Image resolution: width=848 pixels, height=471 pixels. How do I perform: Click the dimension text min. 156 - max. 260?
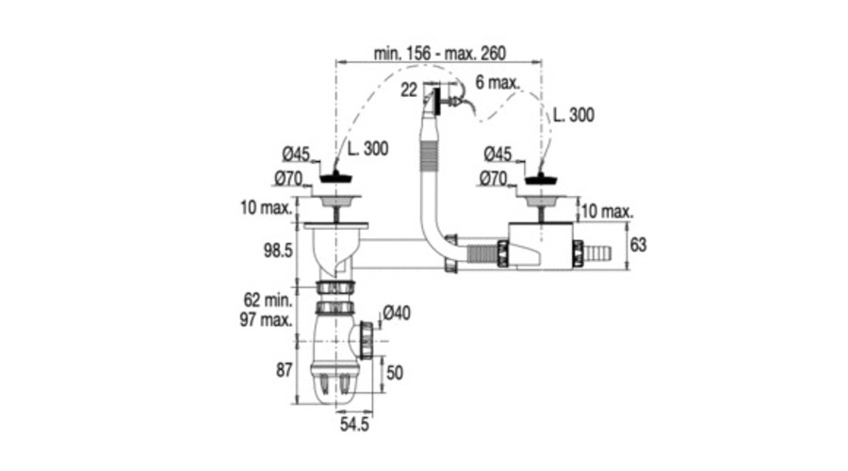click(x=440, y=54)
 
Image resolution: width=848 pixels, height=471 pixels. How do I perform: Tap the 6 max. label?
click(x=497, y=83)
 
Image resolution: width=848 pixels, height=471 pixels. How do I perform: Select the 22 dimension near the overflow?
click(x=409, y=89)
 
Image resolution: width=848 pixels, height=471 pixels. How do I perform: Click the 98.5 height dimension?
click(x=278, y=251)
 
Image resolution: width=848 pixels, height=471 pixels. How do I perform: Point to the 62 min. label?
click(x=268, y=300)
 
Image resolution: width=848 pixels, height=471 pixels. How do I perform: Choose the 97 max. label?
click(x=266, y=319)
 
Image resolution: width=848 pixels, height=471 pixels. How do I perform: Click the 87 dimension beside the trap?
click(x=285, y=370)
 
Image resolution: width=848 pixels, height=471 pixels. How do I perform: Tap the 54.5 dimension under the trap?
click(x=355, y=424)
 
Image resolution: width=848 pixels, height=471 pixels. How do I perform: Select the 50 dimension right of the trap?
click(x=395, y=373)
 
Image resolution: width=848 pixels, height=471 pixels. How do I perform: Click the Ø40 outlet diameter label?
click(x=397, y=313)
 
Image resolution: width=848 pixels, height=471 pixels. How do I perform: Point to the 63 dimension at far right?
click(x=638, y=245)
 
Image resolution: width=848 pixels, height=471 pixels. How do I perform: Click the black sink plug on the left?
click(x=335, y=177)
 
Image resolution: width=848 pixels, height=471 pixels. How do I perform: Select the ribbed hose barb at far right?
click(x=598, y=252)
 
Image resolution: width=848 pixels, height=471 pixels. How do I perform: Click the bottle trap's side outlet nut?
click(x=367, y=340)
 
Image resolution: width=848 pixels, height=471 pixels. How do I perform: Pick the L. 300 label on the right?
click(x=573, y=115)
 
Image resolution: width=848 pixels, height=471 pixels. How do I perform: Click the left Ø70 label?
click(x=288, y=178)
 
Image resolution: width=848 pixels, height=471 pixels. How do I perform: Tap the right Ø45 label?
click(x=497, y=154)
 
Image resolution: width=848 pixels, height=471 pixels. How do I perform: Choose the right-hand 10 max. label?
click(x=608, y=211)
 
